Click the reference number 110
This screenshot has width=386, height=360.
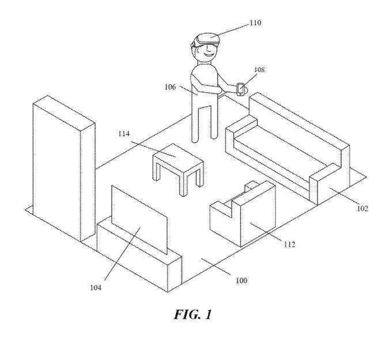[x=255, y=23]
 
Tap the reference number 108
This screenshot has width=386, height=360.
[x=259, y=70]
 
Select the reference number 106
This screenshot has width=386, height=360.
[x=170, y=87]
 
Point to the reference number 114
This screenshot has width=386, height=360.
[x=124, y=134]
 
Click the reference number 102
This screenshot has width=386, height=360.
[x=362, y=209]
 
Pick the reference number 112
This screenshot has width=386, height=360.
[x=289, y=244]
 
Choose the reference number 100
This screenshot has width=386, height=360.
[x=241, y=281]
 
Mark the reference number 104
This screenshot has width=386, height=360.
[x=96, y=287]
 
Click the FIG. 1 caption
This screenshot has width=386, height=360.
[x=193, y=314]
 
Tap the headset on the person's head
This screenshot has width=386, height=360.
[x=205, y=41]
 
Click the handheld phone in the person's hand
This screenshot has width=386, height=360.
[x=240, y=90]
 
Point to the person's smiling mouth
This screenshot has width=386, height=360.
[x=208, y=55]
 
